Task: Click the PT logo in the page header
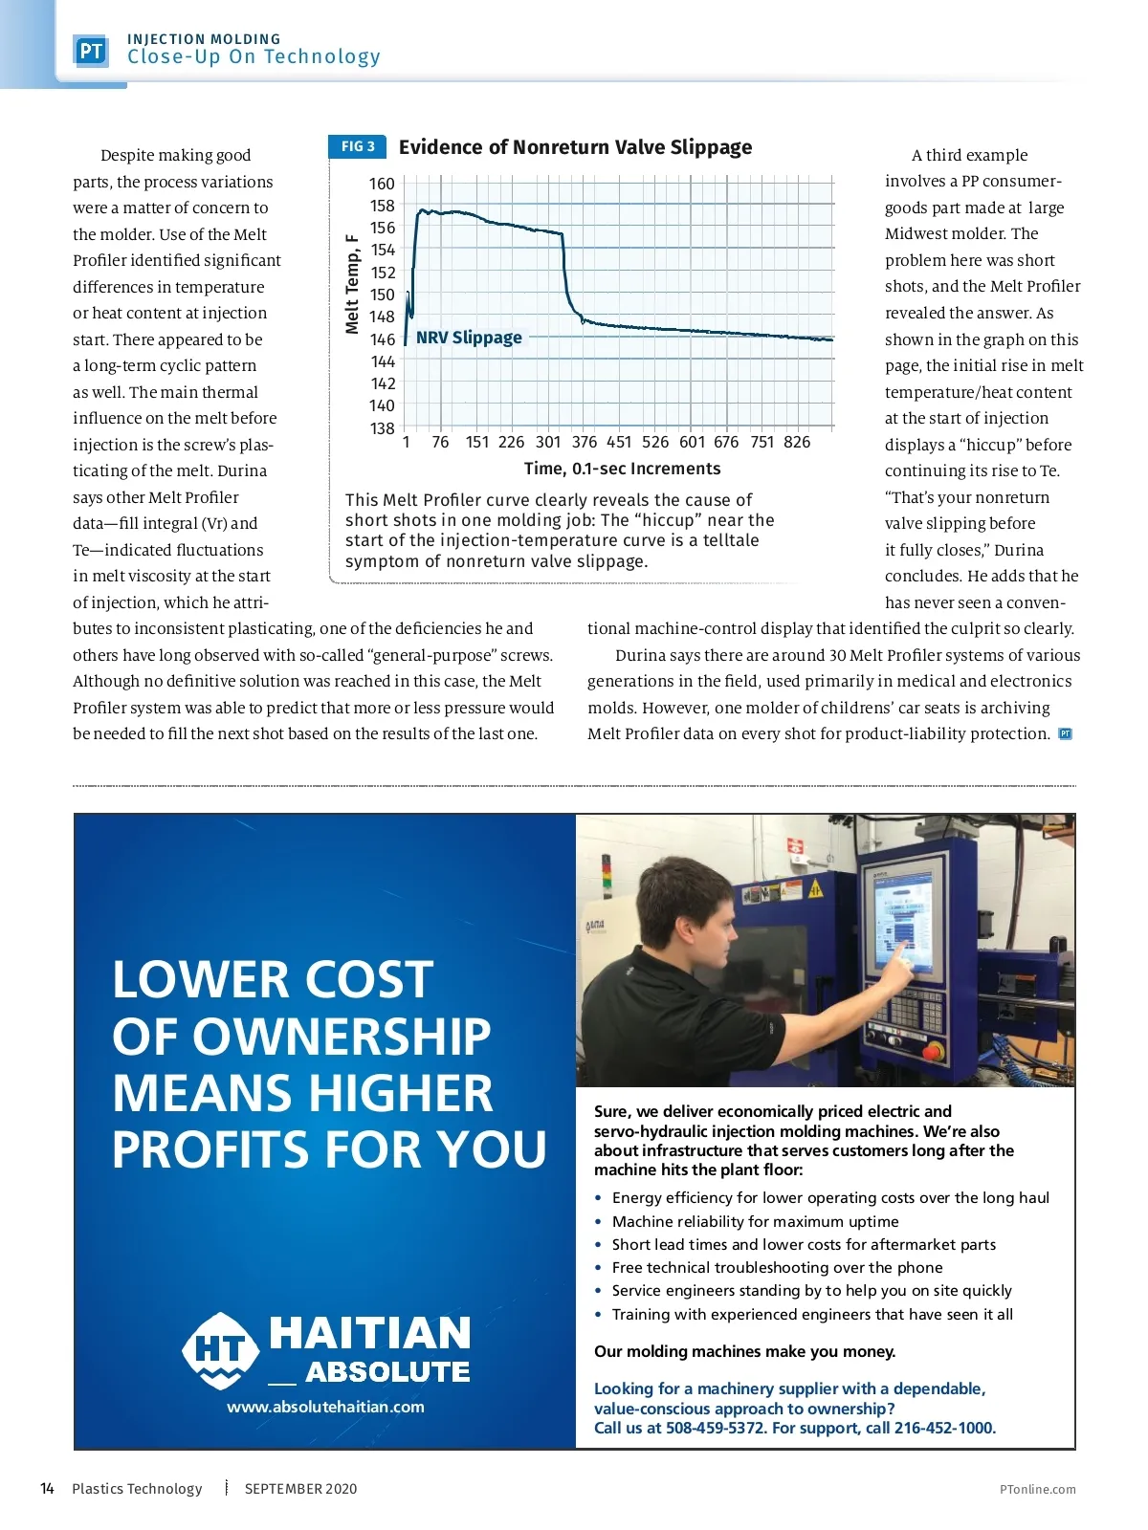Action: point(91,51)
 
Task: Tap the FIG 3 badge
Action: point(358,146)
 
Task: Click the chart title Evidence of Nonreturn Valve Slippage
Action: point(575,147)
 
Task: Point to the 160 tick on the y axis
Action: point(382,184)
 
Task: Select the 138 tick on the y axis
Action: point(382,428)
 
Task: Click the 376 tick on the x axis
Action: point(584,442)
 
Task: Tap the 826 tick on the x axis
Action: point(796,442)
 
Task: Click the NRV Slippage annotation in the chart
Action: point(469,338)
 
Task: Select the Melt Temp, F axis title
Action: point(352,285)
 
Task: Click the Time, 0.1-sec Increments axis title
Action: point(622,469)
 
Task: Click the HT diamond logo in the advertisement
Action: point(220,1350)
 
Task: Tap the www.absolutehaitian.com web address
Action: point(325,1407)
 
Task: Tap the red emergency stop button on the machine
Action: point(933,1051)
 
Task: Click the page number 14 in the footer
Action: point(47,1488)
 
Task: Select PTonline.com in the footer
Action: point(1037,1489)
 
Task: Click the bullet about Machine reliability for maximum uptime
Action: point(755,1221)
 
